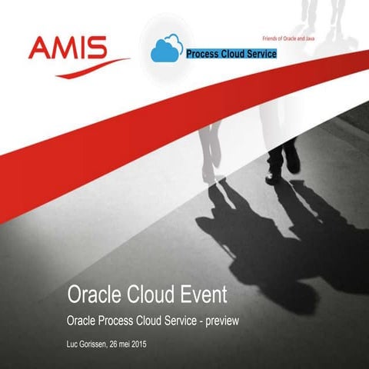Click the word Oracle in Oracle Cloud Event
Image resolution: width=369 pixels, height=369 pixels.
pos(94,294)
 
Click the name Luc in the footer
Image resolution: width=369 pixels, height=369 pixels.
pos(75,343)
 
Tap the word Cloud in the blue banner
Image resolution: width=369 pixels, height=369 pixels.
pos(234,54)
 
